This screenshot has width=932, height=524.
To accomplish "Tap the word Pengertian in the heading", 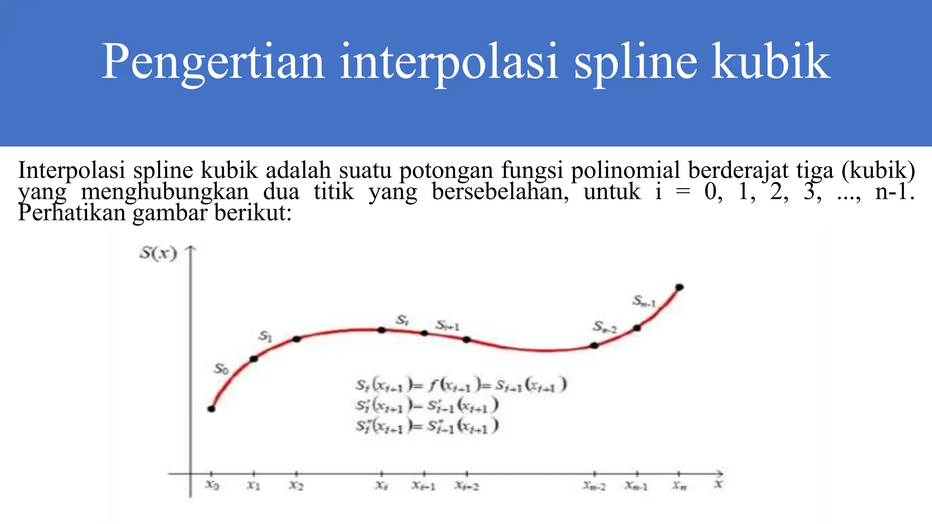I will (x=213, y=62).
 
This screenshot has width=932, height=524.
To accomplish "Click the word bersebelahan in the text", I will (x=500, y=191).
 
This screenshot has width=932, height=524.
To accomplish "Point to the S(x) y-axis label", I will (x=158, y=253).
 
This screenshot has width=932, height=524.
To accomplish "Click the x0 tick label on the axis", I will (x=212, y=485).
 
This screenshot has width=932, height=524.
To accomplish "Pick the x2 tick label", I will (x=296, y=485).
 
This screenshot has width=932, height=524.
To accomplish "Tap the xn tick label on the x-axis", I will (x=679, y=485).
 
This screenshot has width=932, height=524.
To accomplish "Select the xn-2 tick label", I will (x=594, y=486).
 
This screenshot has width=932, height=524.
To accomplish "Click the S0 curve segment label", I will (x=221, y=368).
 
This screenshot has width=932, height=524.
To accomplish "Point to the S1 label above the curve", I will (x=265, y=336).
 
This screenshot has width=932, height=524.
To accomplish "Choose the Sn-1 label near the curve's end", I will (x=644, y=301).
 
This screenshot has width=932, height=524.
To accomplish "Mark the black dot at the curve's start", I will (x=211, y=408).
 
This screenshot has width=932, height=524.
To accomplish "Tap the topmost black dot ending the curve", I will (x=679, y=287).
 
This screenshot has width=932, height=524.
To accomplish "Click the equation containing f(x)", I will (x=461, y=385).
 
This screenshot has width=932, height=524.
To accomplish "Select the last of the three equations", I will (x=427, y=426).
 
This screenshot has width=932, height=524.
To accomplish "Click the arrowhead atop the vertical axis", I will (x=191, y=248).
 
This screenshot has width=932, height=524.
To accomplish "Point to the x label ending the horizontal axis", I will (x=718, y=484).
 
